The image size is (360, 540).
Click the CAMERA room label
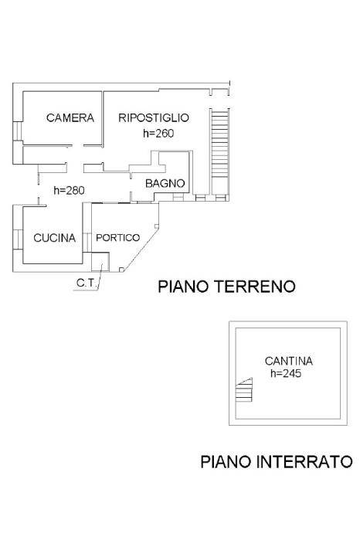pyautogui.click(x=70, y=117)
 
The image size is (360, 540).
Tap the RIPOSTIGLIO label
pyautogui.click(x=154, y=117)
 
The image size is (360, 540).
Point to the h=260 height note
pyautogui.click(x=158, y=133)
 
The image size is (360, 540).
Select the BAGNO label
pyautogui.click(x=165, y=183)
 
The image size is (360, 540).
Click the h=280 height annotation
pyautogui.click(x=69, y=190)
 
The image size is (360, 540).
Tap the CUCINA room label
pyautogui.click(x=54, y=238)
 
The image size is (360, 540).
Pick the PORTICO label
pyautogui.click(x=118, y=238)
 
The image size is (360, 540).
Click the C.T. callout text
pyautogui.click(x=86, y=283)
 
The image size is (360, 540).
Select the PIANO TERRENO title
pyautogui.click(x=226, y=287)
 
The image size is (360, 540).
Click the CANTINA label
pyautogui.click(x=289, y=361)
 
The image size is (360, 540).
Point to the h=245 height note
pyautogui.click(x=286, y=373)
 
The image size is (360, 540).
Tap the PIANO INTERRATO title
pyautogui.click(x=277, y=461)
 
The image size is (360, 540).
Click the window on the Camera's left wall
pyautogui.click(x=18, y=131)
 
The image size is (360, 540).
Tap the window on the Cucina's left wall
pyautogui.click(x=18, y=239)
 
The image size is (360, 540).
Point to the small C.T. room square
pyautogui.click(x=100, y=262)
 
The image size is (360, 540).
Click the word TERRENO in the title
pyautogui.click(x=255, y=287)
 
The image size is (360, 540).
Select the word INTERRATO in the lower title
pyautogui.click(x=305, y=461)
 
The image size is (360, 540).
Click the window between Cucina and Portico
pyautogui.click(x=87, y=242)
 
